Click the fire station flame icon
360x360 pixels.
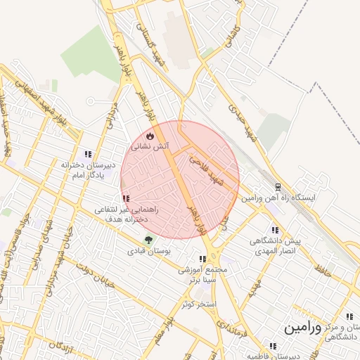point(149,136)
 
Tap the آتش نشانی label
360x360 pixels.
point(149,147)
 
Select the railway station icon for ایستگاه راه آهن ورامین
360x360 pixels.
point(278,188)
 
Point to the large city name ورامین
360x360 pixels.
point(303,328)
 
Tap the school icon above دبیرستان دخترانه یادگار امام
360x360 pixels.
point(88,154)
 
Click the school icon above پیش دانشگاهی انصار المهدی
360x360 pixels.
point(274,230)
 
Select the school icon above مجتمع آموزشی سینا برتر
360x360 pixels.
point(203,259)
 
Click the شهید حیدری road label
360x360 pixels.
point(241,120)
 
